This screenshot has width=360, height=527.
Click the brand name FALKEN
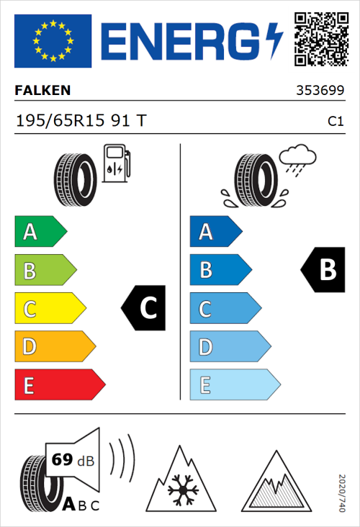click(x=44, y=91)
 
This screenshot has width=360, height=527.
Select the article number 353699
click(x=319, y=91)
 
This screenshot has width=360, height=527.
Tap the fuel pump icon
click(x=116, y=163)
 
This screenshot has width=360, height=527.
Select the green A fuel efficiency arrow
click(x=40, y=232)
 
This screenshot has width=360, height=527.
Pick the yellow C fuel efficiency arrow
click(x=49, y=309)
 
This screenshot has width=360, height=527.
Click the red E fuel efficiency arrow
click(x=59, y=385)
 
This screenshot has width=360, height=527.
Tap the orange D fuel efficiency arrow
click(x=54, y=347)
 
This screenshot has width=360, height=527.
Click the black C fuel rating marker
click(x=144, y=308)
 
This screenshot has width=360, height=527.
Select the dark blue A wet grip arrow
click(x=215, y=232)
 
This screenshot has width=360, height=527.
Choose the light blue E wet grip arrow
click(x=234, y=385)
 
